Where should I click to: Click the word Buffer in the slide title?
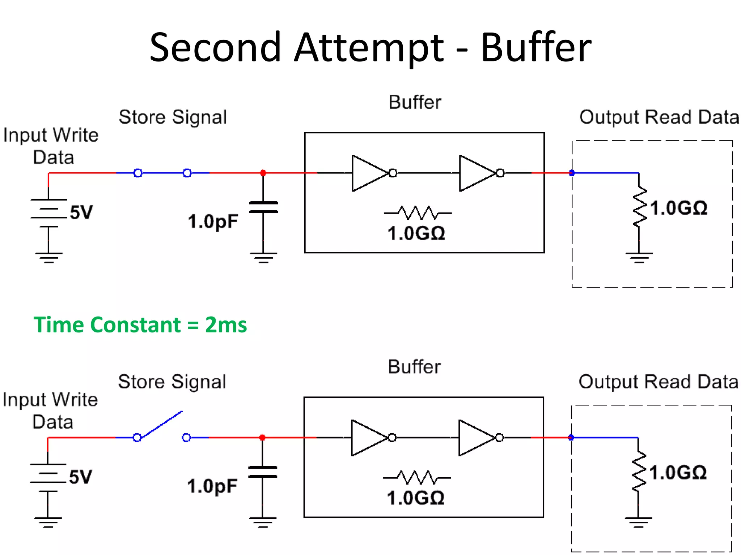click(536, 48)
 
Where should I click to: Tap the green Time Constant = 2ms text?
click(140, 324)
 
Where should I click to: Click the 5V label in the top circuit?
click(81, 212)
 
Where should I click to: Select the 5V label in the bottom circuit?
click(80, 477)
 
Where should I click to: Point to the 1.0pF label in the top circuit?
click(213, 221)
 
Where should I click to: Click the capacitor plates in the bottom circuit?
click(263, 472)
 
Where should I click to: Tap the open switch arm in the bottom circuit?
click(161, 425)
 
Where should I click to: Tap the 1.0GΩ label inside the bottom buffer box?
click(415, 498)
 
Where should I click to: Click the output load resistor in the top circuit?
click(639, 207)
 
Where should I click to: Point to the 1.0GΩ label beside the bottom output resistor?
click(678, 473)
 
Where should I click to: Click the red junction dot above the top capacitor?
click(263, 173)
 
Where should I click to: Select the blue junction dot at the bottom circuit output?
click(571, 438)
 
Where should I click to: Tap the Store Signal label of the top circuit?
click(173, 117)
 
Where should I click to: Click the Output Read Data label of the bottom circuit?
click(658, 382)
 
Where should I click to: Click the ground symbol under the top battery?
click(48, 258)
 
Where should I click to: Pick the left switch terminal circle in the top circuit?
click(138, 173)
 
